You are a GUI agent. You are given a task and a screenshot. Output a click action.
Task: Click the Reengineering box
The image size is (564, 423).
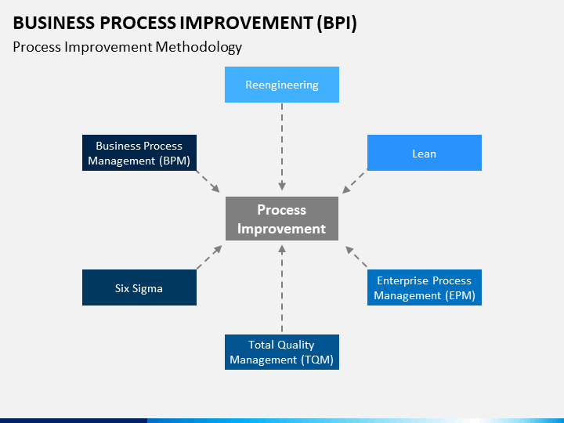[x=282, y=85]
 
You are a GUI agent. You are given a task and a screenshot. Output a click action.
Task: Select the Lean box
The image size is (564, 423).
[x=425, y=153]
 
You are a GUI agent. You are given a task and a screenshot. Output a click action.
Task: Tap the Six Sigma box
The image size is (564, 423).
[x=139, y=287]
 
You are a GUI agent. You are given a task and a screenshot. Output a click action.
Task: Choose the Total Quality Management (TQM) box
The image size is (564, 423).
[x=282, y=352]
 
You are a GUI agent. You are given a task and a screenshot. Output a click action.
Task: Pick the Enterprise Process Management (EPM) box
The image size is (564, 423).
[x=425, y=287]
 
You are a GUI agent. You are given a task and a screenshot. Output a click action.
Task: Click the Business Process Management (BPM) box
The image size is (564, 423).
[x=139, y=153]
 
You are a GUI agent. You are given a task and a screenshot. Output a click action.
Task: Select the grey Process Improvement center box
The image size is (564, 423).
[x=282, y=219]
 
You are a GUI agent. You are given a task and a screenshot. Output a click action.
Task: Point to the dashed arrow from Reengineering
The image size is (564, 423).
[x=282, y=146]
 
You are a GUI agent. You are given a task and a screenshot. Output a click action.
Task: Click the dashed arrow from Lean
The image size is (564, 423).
[x=354, y=182]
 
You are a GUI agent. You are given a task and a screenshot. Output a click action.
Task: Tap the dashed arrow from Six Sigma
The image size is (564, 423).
[x=209, y=257]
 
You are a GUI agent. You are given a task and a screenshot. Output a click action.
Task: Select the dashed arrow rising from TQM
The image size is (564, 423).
[x=282, y=288]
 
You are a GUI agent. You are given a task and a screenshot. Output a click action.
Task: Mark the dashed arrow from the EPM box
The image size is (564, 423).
[x=356, y=256]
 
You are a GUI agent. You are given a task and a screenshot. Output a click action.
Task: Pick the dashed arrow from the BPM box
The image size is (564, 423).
[x=208, y=181]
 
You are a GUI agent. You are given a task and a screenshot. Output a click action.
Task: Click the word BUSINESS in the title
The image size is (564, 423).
[x=54, y=23]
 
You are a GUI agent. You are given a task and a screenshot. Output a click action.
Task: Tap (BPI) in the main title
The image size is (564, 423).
[x=337, y=23]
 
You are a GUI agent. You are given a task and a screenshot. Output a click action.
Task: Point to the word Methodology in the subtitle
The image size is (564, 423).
[x=198, y=48]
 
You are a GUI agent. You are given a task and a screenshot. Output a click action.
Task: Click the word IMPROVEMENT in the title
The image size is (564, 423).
[x=246, y=23]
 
